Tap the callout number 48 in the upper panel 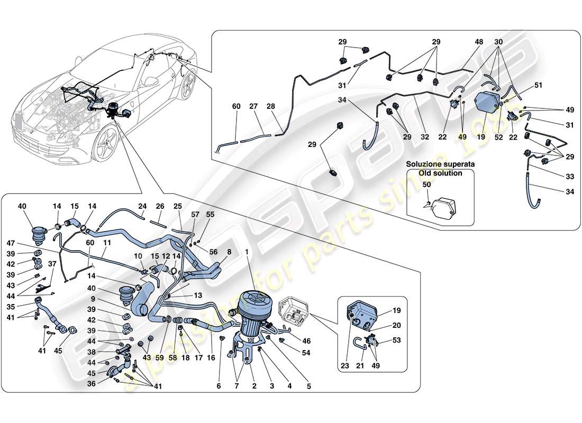coord(464,41)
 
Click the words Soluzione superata coord(441,164)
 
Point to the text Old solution coord(441,173)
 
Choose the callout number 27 coord(253,107)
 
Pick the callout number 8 coord(229,252)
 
